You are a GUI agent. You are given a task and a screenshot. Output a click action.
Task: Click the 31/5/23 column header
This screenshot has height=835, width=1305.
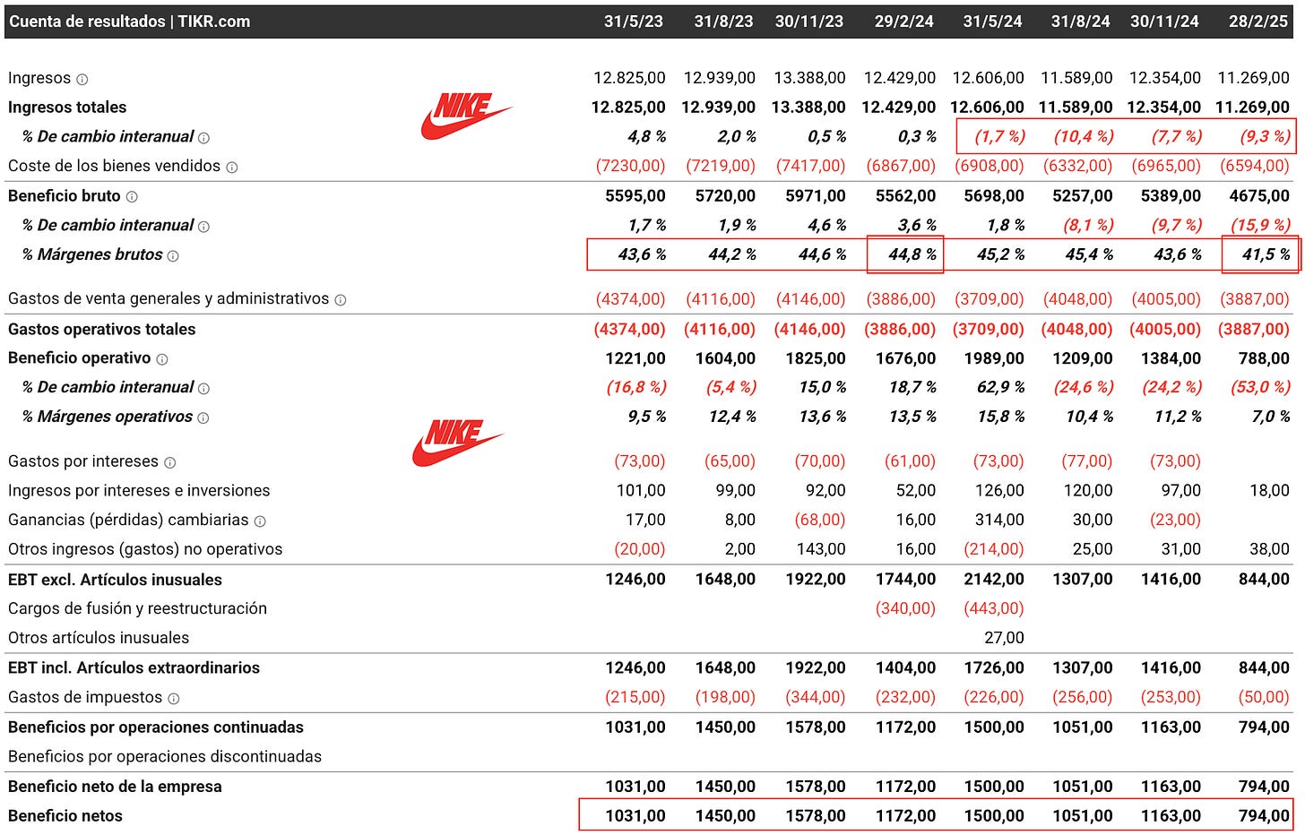[633, 22]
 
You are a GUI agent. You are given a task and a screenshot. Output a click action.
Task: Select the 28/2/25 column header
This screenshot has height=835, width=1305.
[1257, 22]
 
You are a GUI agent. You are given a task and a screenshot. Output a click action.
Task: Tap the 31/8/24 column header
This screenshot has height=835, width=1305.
[1080, 22]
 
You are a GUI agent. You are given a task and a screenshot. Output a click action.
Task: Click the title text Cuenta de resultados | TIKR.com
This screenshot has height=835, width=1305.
[130, 22]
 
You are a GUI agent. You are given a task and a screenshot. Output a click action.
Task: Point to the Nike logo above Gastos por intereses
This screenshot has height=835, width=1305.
[457, 443]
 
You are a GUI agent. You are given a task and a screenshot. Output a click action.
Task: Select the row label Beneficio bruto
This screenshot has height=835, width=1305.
[64, 196]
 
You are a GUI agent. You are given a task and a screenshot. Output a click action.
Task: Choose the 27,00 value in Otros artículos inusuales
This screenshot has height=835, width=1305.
[1004, 638]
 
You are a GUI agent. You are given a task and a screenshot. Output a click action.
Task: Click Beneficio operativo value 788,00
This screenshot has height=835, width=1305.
[1264, 358]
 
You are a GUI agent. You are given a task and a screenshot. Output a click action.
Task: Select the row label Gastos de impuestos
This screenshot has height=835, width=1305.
[85, 697]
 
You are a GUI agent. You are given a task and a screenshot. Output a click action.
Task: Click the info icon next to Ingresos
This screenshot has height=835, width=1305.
[82, 79]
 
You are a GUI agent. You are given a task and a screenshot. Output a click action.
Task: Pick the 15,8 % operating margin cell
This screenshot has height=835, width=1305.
[1000, 417]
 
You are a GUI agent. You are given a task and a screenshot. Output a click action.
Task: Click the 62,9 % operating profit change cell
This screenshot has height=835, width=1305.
[1000, 387]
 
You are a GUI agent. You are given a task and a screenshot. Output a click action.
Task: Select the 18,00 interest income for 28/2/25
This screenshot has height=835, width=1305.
[1270, 490]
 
